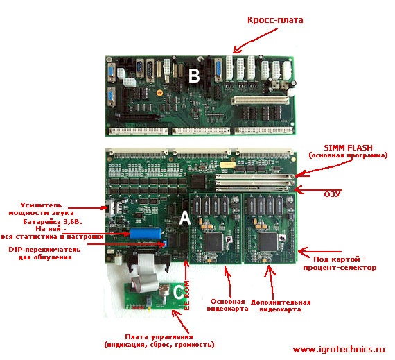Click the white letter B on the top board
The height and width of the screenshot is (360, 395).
(x=194, y=76)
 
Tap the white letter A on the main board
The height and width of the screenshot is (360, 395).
(x=185, y=218)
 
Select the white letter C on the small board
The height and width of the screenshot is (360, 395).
(x=179, y=292)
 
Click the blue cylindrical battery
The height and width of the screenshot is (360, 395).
(x=146, y=233)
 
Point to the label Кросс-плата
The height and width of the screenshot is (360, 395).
(x=275, y=19)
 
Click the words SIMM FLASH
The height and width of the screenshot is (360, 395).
(x=348, y=148)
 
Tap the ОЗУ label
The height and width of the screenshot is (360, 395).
(x=332, y=194)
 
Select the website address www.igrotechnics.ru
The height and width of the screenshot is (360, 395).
(x=339, y=350)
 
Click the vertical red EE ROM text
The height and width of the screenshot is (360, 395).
(x=187, y=295)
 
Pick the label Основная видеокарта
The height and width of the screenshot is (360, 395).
(x=227, y=305)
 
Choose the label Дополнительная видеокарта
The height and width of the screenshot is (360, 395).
(x=281, y=305)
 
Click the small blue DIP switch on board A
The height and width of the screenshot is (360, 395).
(x=165, y=243)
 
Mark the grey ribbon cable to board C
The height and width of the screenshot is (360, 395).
(x=145, y=272)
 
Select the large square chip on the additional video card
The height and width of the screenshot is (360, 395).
(x=268, y=242)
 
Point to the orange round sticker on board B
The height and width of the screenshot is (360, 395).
(x=159, y=93)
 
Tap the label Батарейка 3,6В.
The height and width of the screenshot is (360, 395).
(x=53, y=222)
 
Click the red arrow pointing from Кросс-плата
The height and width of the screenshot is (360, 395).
(x=255, y=40)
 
